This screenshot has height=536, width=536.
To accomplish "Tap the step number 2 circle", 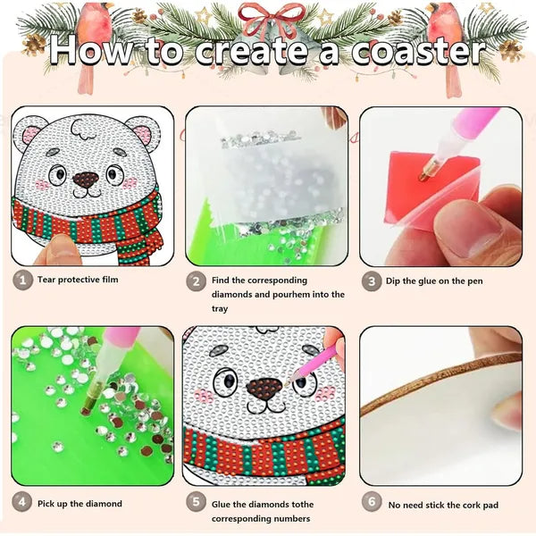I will click(x=196, y=280).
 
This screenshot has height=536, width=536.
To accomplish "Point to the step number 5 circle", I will click(x=196, y=503).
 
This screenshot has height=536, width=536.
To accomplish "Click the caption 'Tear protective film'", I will click(x=78, y=280).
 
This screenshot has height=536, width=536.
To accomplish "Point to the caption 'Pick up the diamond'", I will click(x=80, y=504).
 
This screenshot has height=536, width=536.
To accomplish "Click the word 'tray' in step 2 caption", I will click(x=220, y=308).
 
